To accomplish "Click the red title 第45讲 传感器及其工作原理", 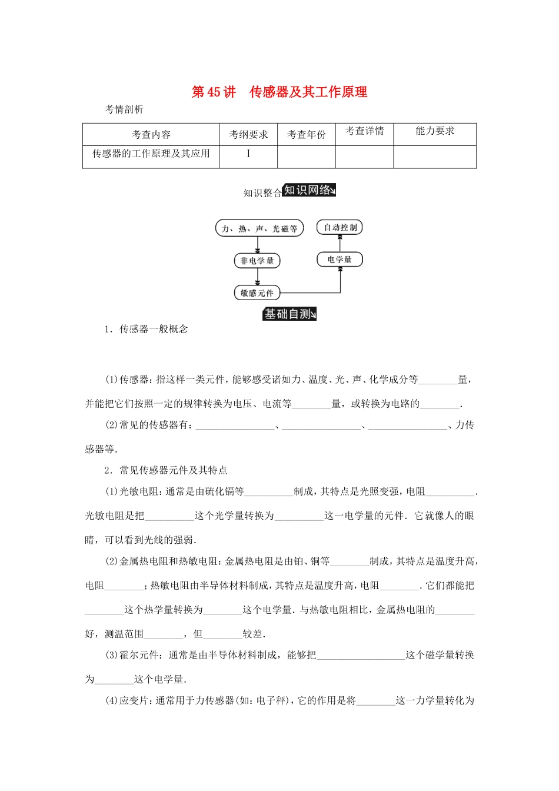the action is (279, 92).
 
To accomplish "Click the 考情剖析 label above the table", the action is (124, 109).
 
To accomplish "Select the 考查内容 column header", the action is (151, 135).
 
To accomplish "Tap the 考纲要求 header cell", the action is (248, 135).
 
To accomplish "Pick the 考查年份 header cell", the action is (306, 135).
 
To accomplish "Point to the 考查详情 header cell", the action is (364, 131).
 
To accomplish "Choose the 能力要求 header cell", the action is (435, 131).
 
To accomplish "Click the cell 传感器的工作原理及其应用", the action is (151, 154).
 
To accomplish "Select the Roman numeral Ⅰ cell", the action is (248, 154).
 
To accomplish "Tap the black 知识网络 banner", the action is (310, 190).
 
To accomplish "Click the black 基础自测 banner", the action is (290, 314).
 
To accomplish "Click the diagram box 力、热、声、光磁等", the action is (259, 228).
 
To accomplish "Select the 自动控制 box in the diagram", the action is (340, 227).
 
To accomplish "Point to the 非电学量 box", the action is (257, 261).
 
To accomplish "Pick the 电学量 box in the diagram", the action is (340, 260).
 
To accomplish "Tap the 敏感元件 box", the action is (257, 293).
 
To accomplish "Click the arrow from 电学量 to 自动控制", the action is (340, 242).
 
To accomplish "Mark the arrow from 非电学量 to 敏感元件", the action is (257, 277).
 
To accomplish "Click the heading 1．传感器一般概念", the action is (146, 329).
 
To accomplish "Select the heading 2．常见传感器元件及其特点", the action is (165, 470).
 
